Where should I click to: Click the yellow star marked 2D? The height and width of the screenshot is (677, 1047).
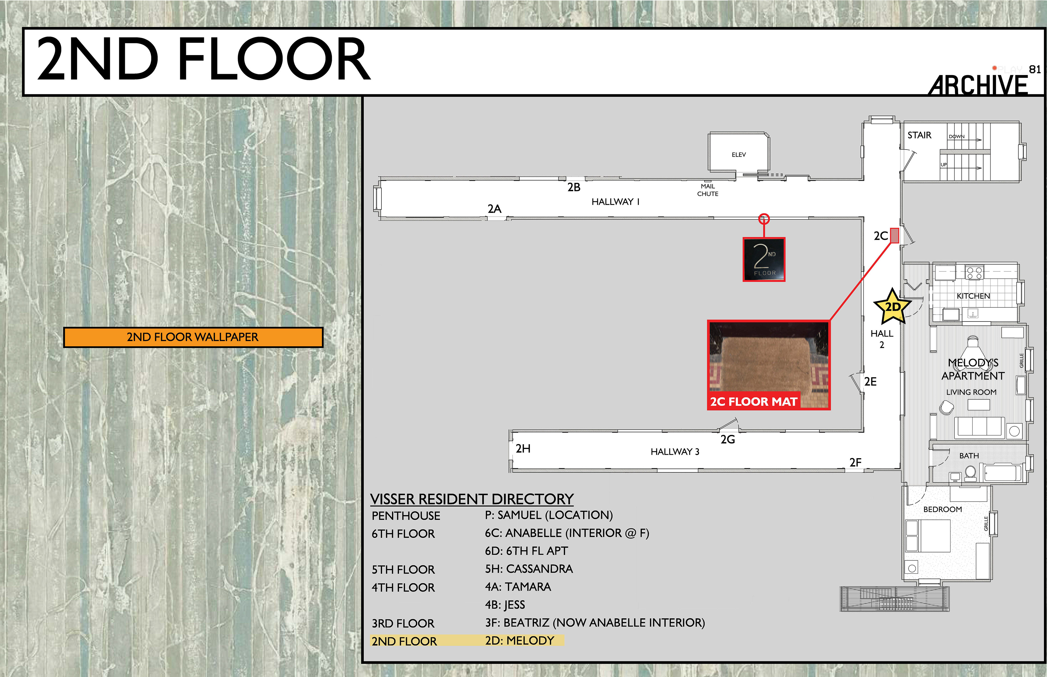(892, 306)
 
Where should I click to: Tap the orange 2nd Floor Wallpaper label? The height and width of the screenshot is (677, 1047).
(193, 337)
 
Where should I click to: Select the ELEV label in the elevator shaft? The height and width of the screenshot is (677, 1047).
(739, 155)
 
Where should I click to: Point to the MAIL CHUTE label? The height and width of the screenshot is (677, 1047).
(707, 190)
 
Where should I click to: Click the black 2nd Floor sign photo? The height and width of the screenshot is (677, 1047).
(764, 259)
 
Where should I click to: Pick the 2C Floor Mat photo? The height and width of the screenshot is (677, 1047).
(769, 365)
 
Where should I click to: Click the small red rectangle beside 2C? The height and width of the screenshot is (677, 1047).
(894, 236)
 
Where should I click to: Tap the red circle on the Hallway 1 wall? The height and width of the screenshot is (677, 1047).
(764, 218)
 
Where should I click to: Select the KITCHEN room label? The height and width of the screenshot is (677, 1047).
(973, 296)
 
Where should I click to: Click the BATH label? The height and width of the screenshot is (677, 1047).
(969, 456)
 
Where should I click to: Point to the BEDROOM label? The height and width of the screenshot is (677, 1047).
(942, 509)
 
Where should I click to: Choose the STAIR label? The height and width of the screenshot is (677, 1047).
(919, 135)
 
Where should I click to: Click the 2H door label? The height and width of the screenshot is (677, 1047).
(523, 448)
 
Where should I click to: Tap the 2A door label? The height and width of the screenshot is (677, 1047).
(495, 209)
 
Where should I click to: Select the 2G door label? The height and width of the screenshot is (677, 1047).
(728, 439)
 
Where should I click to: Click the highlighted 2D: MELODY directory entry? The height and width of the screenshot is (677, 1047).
(519, 640)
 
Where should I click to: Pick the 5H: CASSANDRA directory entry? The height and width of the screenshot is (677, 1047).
(529, 569)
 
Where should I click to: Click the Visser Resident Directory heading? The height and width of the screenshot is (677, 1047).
(472, 499)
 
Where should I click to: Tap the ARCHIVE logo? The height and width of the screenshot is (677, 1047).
(978, 84)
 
